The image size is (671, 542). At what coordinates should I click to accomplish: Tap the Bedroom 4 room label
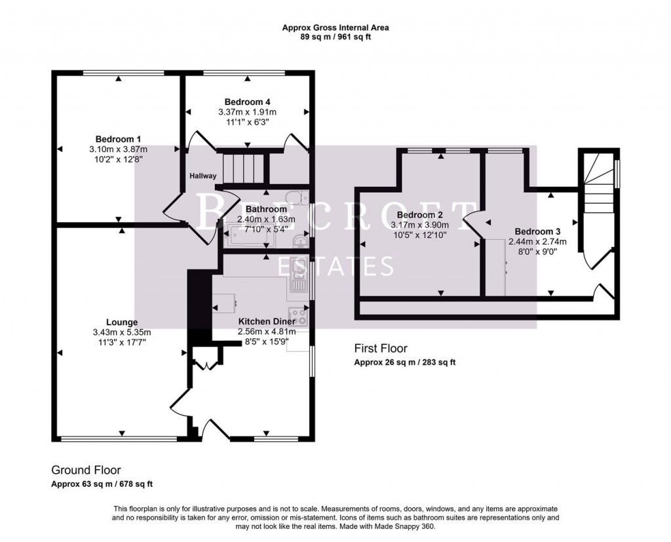point(247,102)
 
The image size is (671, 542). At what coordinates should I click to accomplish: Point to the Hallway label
point(203,176)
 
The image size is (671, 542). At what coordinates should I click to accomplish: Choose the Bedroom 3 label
point(537,231)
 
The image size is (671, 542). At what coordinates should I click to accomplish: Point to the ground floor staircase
point(243,168)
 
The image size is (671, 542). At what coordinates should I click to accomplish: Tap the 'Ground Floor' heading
point(86,470)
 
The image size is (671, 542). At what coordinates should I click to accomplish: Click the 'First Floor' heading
point(381,348)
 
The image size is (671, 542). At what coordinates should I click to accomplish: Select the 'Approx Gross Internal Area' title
point(335,28)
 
